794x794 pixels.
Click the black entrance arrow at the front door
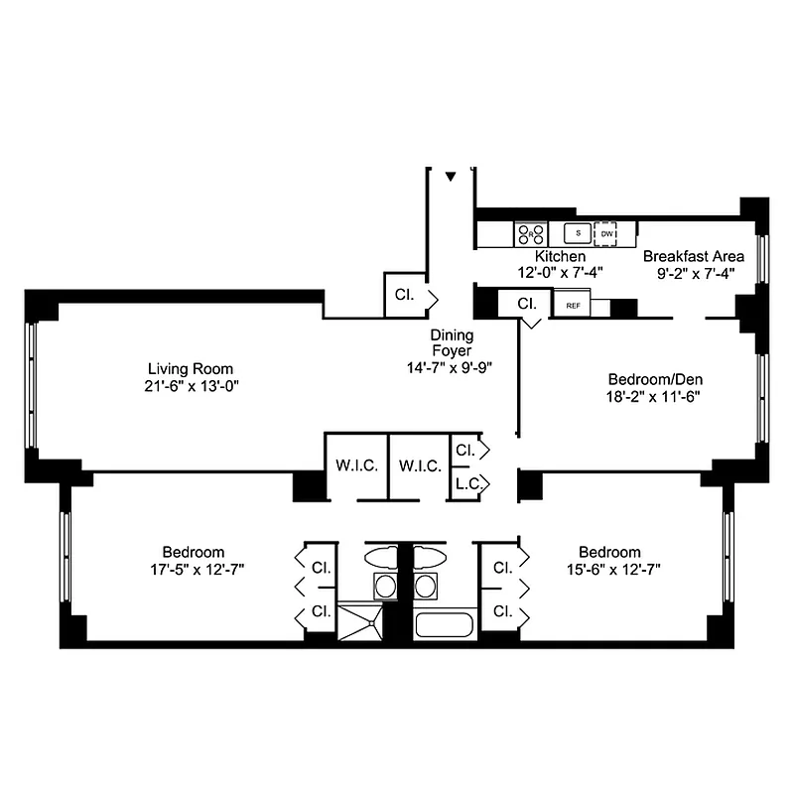pos(451,177)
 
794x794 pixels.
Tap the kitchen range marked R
pos(530,234)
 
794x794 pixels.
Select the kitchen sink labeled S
pos(577,234)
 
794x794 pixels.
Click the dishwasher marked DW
pos(606,234)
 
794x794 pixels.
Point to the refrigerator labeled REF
pos(573,306)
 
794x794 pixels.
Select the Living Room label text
pos(192,367)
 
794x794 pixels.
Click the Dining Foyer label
pos(452,342)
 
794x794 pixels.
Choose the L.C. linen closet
pos(464,484)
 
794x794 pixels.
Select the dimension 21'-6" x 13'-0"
pos(192,385)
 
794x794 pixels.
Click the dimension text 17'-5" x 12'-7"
pos(194,570)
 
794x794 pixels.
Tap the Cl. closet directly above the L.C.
pos(464,450)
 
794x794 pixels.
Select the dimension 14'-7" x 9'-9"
pos(452,366)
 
